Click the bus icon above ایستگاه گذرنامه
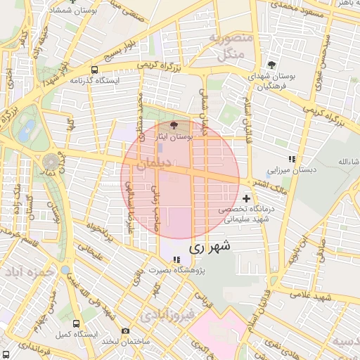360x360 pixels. [94, 70]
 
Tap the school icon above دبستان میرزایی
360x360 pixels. [292, 159]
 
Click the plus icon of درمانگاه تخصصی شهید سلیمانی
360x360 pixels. [246, 199]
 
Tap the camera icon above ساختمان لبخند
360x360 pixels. [125, 330]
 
